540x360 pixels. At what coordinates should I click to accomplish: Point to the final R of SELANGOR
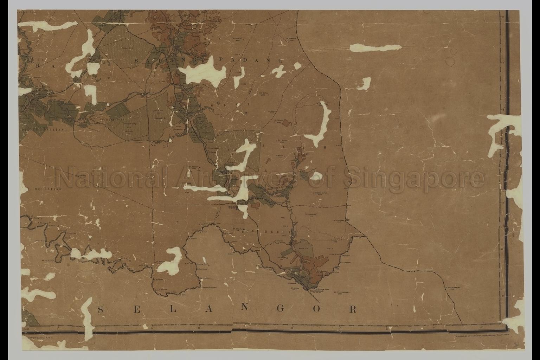coord(353,309)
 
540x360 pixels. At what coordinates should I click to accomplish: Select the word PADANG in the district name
coord(251,60)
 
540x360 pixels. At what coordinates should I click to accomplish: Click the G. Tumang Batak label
coord(318,193)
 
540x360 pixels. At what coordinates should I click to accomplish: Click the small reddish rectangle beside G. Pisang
coord(288,123)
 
